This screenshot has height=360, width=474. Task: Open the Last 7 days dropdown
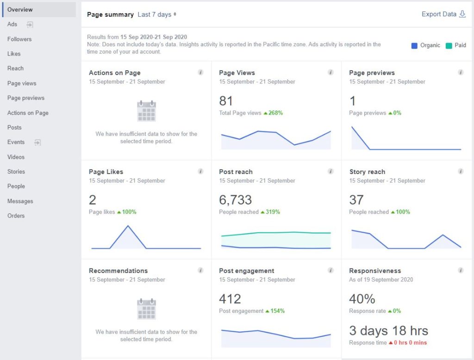[156, 15]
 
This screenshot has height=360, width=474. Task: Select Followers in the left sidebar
[19, 39]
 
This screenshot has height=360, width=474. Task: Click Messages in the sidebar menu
[20, 201]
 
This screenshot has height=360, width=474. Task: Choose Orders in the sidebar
[16, 216]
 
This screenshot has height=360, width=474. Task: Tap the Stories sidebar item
[16, 172]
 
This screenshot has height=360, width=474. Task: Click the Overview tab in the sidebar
[20, 10]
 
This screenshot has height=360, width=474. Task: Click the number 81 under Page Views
[226, 101]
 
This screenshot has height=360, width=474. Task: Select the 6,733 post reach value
[235, 200]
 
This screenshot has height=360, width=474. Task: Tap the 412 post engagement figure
[230, 299]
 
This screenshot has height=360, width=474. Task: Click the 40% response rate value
[362, 299]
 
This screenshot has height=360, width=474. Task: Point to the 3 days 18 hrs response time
[388, 331]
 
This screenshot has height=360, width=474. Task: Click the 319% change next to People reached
[272, 212]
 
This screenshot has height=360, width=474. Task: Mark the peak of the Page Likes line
[128, 226]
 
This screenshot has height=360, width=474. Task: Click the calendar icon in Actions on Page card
[146, 112]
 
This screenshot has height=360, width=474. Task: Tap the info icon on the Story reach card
[461, 171]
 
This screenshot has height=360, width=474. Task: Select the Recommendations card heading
[118, 271]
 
